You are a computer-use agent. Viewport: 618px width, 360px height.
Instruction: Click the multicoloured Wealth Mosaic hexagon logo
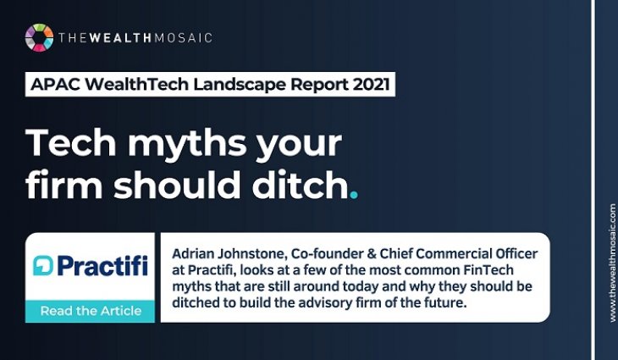39,37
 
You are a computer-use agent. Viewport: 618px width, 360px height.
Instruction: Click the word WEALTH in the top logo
120,38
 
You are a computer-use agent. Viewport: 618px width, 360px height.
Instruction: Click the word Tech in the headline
71,142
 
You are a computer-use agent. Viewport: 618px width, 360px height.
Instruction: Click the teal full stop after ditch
354,194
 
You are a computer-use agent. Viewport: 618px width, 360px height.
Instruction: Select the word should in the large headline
177,184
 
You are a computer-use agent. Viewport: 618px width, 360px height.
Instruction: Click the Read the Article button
90,311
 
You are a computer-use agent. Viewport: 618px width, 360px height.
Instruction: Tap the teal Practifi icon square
43,266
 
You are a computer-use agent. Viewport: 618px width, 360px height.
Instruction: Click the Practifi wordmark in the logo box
103,266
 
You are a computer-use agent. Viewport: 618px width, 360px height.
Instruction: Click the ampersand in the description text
372,253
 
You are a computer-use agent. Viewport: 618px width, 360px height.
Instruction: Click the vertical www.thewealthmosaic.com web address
612,263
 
